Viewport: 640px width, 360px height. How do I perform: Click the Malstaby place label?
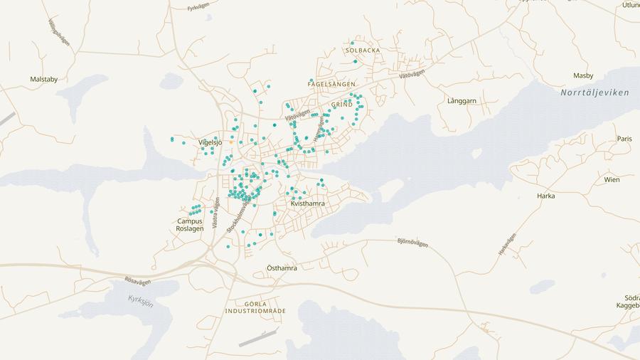[44, 80]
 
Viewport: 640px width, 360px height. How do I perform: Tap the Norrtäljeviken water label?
[594, 93]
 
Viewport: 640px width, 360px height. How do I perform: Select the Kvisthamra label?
[308, 204]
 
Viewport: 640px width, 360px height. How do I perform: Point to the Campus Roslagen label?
[191, 225]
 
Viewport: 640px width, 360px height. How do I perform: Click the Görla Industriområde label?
[255, 308]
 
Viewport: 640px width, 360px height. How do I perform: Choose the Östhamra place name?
[282, 268]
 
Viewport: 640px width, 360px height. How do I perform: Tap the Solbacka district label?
[363, 51]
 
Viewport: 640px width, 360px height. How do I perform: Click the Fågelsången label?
[331, 84]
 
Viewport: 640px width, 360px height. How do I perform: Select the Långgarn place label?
[462, 101]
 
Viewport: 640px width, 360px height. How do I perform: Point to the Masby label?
[583, 75]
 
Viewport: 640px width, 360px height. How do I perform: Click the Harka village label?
[546, 196]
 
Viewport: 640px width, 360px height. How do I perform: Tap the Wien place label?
[612, 180]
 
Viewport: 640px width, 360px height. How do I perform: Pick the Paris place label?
[624, 139]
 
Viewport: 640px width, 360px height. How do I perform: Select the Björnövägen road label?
[412, 243]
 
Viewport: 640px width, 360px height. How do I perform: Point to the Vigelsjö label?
[210, 142]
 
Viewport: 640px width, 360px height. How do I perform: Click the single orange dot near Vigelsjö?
[231, 142]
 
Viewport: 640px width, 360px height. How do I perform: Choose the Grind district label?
[342, 105]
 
